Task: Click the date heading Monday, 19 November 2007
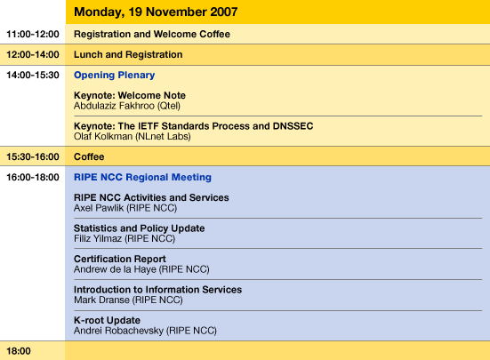[x=156, y=12]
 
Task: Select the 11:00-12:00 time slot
[x=33, y=34]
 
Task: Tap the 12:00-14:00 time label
[x=33, y=54]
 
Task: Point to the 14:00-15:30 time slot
[x=33, y=76]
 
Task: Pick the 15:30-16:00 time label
[x=33, y=156]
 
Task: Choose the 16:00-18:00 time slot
[x=33, y=178]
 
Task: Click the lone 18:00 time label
[x=19, y=351]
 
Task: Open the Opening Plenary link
[x=115, y=76]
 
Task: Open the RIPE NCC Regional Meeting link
[x=142, y=178]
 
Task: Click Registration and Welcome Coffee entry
[x=152, y=34]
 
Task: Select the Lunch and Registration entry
[x=128, y=54]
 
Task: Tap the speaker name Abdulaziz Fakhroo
[x=115, y=106]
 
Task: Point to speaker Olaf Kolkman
[x=103, y=136]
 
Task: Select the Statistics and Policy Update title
[x=140, y=228]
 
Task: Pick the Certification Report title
[x=120, y=260]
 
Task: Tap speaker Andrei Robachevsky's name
[x=119, y=331]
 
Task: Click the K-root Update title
[x=108, y=320]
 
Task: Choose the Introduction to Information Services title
[x=157, y=290]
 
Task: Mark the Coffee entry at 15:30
[x=89, y=156]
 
